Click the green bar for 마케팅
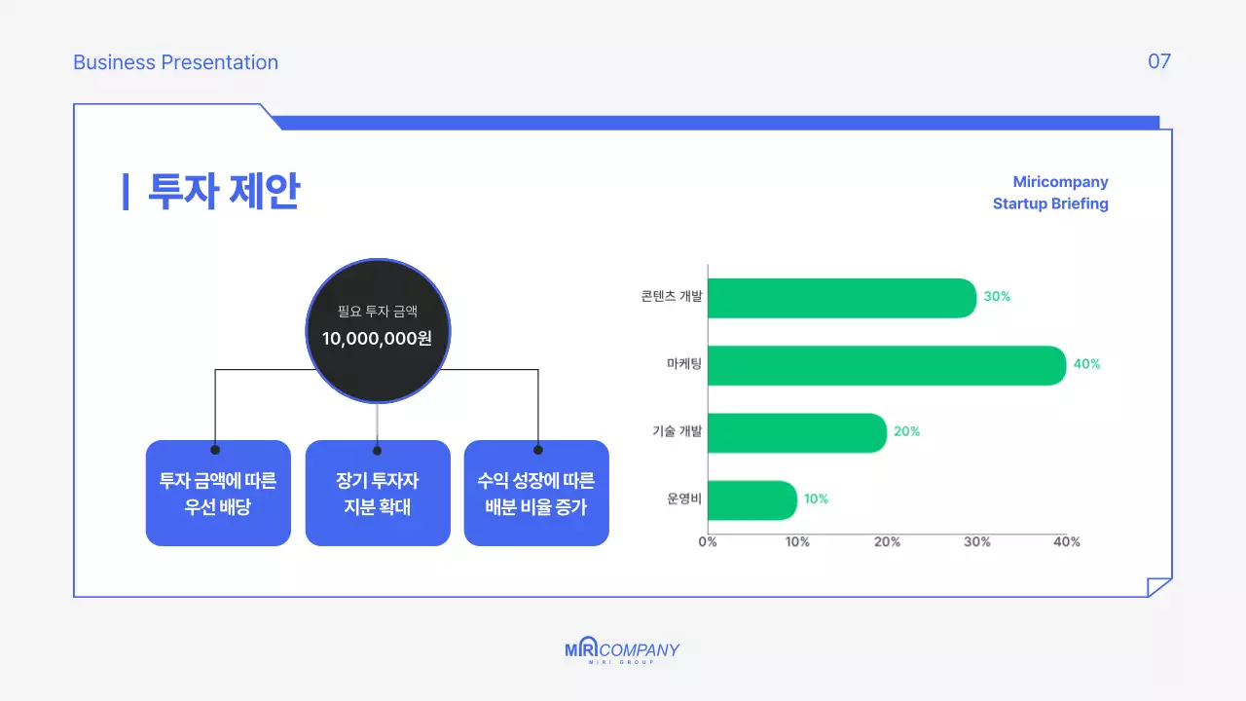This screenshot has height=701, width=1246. point(886,365)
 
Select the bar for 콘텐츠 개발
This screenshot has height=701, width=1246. point(841,298)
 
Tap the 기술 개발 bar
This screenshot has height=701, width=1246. point(796,432)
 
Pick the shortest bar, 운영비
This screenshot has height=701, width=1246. point(751,499)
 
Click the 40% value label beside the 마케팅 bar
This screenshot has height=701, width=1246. point(1086,364)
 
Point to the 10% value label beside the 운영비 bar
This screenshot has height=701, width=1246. point(816,499)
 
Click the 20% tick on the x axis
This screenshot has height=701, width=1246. point(887,542)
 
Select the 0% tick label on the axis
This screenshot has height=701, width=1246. point(708,542)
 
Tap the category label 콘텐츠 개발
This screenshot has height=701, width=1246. point(671,297)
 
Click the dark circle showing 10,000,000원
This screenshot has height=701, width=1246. point(378,331)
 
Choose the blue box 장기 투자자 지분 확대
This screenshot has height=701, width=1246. point(378,494)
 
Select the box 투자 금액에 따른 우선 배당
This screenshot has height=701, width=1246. point(218,494)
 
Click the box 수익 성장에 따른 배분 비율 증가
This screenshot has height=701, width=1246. point(536,494)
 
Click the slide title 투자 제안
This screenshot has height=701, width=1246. point(224,191)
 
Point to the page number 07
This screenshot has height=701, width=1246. point(1158,61)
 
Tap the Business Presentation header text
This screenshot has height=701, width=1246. point(175,62)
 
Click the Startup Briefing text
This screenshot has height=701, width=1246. point(1050,203)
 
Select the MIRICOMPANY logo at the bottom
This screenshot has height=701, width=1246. point(622,651)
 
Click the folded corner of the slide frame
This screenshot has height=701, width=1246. point(1158,587)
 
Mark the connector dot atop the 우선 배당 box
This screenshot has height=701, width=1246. point(215,450)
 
